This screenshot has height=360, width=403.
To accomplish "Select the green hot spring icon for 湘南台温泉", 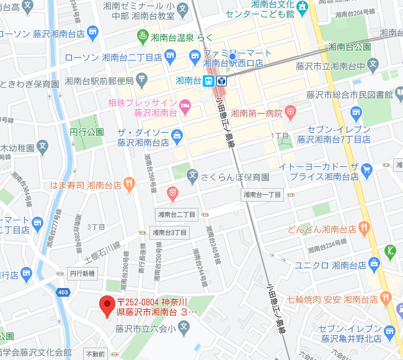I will [x=142, y=37].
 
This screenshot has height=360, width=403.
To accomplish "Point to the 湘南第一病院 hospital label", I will [x=256, y=113].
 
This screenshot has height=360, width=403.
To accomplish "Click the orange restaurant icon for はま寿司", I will [x=129, y=183].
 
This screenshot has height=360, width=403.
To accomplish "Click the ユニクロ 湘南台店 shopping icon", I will [x=374, y=265].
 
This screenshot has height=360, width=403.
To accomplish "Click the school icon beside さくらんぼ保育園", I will [x=192, y=177].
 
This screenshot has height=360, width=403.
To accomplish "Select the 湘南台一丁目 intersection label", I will [x=262, y=195].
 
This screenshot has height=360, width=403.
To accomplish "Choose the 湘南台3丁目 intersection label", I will [x=169, y=233].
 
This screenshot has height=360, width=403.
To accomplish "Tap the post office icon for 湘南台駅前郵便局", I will [x=142, y=79].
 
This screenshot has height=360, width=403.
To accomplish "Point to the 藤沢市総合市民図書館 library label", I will [x=350, y=95].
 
